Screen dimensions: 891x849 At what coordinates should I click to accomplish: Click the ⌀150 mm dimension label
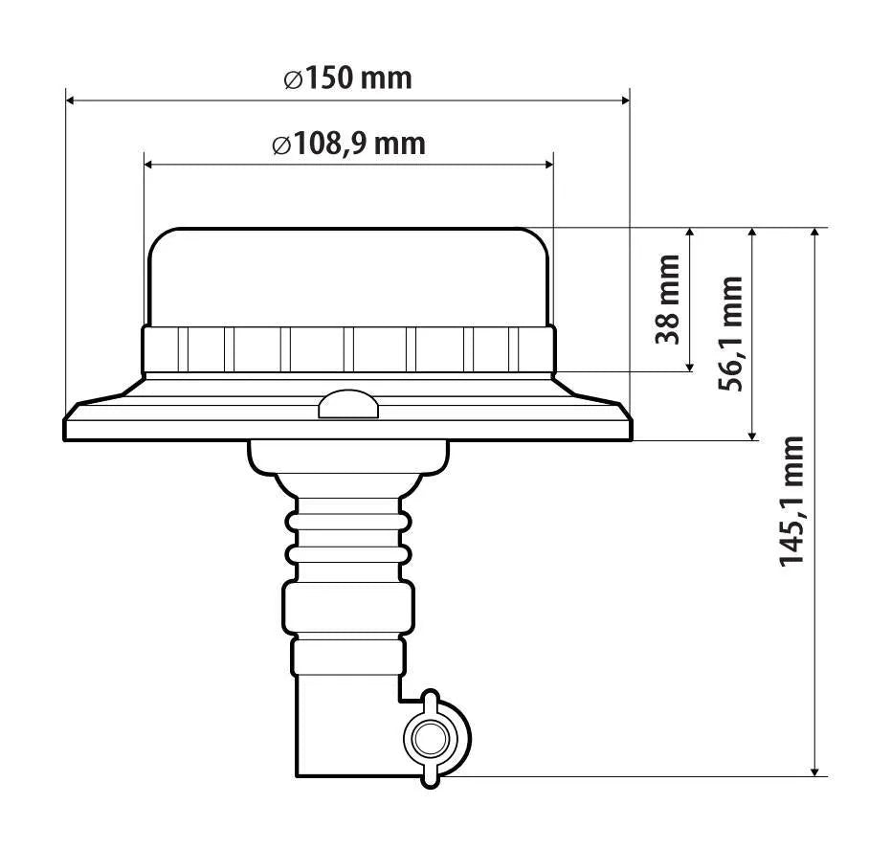click(x=347, y=78)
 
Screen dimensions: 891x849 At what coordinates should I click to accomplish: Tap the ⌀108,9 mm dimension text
click(x=348, y=144)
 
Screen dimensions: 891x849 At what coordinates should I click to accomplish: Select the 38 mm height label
click(x=668, y=299)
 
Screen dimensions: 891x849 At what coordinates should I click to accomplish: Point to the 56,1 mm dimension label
click(x=731, y=334)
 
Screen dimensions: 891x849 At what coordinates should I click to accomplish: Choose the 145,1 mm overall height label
click(x=791, y=502)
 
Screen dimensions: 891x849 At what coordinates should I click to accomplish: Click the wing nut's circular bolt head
click(x=430, y=739)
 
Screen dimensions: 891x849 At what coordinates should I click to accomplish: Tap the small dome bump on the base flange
click(x=348, y=404)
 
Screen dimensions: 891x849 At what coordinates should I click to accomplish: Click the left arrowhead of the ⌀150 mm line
click(x=71, y=101)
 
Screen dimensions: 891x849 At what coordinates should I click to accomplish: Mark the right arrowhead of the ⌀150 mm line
click(x=625, y=101)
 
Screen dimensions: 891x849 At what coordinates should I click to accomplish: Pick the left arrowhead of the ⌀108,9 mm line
click(x=149, y=165)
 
